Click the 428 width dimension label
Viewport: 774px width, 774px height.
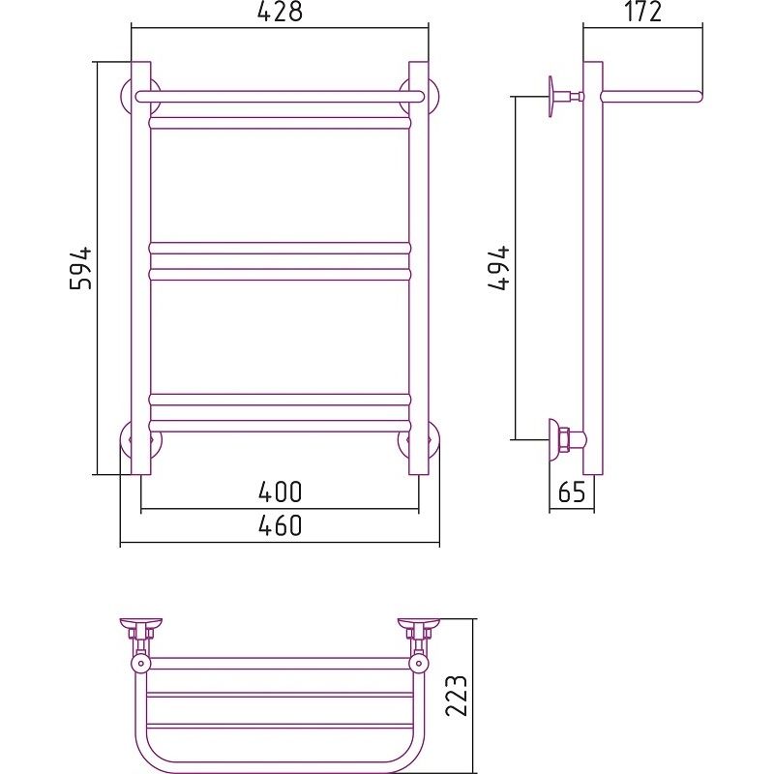280,11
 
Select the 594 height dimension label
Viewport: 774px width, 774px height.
80,268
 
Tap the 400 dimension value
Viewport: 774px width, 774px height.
280,491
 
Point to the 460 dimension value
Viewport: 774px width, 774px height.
280,525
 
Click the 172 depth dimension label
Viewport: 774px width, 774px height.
642,12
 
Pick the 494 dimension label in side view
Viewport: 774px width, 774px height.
498,268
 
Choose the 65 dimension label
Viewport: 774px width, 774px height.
572,491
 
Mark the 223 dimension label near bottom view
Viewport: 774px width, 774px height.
456,696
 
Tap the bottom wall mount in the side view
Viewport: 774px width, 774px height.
568,438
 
